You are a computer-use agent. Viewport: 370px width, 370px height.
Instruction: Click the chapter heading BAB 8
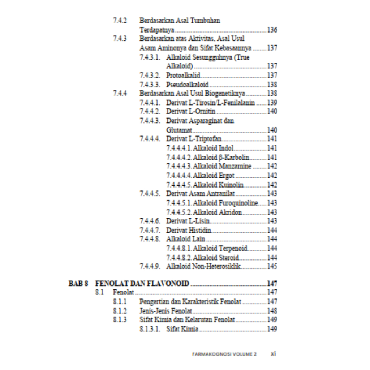(x=78, y=283)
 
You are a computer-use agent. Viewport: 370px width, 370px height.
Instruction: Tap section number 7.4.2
(x=120, y=21)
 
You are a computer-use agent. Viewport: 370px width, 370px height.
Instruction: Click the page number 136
(x=272, y=30)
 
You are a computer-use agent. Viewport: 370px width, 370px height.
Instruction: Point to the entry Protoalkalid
(x=183, y=75)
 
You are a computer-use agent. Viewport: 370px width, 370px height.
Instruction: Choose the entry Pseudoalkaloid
(x=187, y=85)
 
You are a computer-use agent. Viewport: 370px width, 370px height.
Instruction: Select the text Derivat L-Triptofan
(x=194, y=139)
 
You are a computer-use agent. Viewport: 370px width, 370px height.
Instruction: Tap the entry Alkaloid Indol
(x=213, y=148)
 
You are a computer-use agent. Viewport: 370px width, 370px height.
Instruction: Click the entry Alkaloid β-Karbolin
(x=221, y=157)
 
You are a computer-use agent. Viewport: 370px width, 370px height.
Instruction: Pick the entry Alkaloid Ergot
(x=214, y=176)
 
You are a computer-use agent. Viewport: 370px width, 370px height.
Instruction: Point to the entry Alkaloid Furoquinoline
(x=225, y=203)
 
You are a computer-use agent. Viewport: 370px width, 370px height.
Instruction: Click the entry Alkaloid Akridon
(x=218, y=212)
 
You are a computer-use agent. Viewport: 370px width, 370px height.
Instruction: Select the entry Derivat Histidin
(x=189, y=230)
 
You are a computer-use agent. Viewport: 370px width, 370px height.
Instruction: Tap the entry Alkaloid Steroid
(x=216, y=258)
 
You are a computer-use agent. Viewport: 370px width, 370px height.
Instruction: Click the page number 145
(x=272, y=267)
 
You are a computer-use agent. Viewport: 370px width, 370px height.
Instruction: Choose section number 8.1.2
(x=120, y=311)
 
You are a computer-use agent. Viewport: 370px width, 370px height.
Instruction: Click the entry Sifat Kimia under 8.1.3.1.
(x=182, y=329)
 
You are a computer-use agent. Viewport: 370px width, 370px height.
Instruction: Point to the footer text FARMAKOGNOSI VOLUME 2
(x=224, y=354)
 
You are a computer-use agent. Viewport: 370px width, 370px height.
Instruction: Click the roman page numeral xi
(x=273, y=354)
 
